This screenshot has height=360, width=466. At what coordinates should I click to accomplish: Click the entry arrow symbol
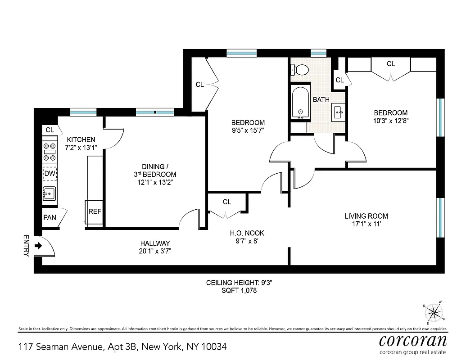(x=38, y=246)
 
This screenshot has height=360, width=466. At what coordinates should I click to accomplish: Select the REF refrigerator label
(x=95, y=211)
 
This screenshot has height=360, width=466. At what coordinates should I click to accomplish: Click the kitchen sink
(x=49, y=194)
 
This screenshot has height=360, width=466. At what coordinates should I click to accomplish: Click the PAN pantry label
(x=50, y=218)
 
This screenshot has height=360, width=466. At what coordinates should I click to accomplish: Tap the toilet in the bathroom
(x=300, y=70)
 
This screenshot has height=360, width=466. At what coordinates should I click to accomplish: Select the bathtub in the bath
(x=300, y=103)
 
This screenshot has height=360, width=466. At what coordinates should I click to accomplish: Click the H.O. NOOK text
(x=247, y=233)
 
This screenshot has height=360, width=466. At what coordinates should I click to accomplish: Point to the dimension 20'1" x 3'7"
(x=155, y=251)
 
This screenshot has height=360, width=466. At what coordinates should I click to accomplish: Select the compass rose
(x=434, y=311)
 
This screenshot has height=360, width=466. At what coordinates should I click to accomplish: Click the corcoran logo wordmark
(x=413, y=340)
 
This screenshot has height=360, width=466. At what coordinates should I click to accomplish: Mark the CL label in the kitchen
(x=50, y=130)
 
